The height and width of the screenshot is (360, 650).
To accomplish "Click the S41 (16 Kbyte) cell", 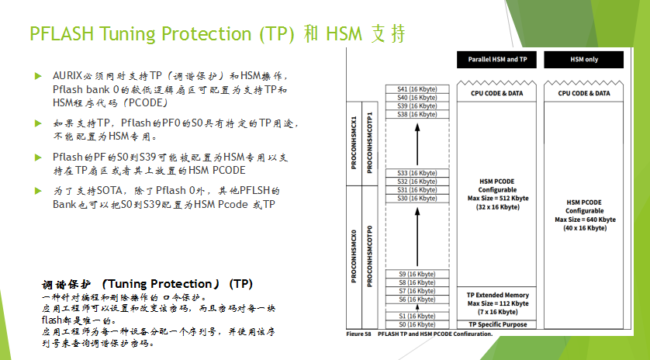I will click(x=417, y=89).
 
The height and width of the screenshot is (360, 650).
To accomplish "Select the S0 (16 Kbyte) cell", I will click(x=417, y=324).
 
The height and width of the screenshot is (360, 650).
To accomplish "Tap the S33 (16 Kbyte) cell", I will click(x=417, y=172).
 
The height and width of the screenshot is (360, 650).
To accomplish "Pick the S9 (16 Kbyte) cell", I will click(x=417, y=274).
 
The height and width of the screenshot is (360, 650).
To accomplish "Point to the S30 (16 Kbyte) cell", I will click(x=417, y=198).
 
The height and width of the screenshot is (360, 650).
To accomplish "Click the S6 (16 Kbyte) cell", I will click(x=417, y=299).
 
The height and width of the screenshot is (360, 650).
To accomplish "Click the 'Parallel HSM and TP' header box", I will click(x=497, y=60).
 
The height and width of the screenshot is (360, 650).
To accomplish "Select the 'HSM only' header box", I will click(x=583, y=60).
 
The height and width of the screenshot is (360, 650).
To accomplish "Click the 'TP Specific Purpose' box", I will click(x=497, y=324).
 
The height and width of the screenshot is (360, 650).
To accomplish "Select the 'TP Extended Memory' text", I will click(x=497, y=295).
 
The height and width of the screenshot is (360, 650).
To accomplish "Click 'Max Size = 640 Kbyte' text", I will click(x=584, y=220).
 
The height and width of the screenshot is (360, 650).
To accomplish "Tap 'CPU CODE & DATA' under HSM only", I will click(x=584, y=93).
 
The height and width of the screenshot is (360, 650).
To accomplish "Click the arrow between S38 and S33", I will click(x=417, y=144).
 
